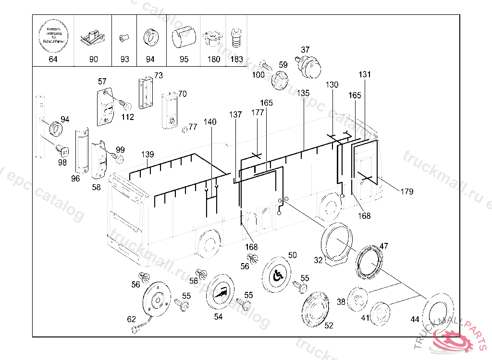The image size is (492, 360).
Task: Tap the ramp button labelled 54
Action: click(220, 292)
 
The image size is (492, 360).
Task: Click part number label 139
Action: click(148, 155)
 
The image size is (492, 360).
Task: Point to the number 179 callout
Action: click(406, 192)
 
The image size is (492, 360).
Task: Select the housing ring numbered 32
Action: click(336, 243)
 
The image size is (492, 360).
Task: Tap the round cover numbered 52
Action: click(315, 309)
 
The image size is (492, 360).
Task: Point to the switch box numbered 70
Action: click(170, 111)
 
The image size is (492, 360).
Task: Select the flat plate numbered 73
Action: click(145, 93)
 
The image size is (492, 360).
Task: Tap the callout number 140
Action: click(210, 122)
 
